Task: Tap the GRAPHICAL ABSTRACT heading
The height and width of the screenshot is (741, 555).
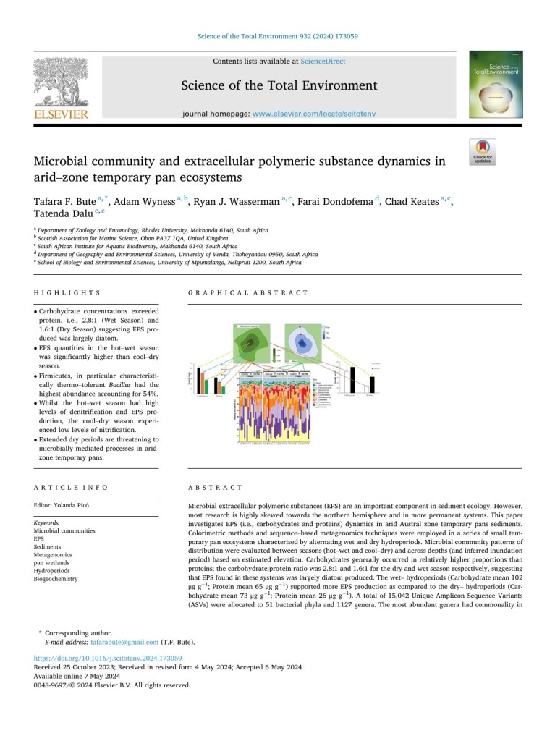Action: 247,293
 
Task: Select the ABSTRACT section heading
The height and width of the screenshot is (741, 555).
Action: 215,488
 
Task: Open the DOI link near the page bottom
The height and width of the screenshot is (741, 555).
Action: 108,659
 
